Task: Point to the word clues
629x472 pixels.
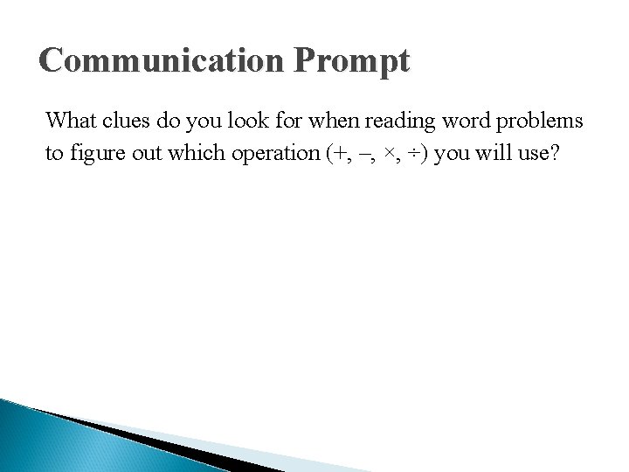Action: click(127, 120)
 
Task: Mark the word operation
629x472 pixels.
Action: click(274, 154)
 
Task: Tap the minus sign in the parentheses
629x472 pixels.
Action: click(363, 154)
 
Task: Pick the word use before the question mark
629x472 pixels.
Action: click(534, 154)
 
